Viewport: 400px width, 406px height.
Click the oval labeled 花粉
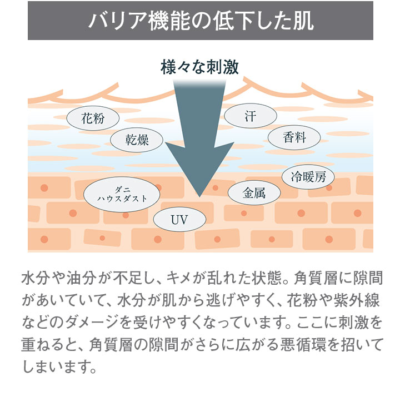pyautogui.click(x=93, y=118)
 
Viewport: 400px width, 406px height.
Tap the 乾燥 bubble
pyautogui.click(x=137, y=140)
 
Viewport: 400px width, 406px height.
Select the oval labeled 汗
pyautogui.click(x=251, y=116)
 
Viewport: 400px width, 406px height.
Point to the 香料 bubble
pyautogui.click(x=294, y=137)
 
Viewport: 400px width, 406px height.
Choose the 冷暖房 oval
pyautogui.click(x=308, y=177)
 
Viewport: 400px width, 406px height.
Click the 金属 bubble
pyautogui.click(x=254, y=192)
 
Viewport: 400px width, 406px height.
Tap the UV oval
pyautogui.click(x=179, y=219)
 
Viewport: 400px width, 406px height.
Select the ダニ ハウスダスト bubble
pyautogui.click(x=122, y=195)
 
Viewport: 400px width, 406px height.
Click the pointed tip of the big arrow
pyautogui.click(x=199, y=197)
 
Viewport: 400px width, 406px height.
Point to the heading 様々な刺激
pyautogui.click(x=199, y=67)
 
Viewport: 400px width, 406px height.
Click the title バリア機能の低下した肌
pyautogui.click(x=201, y=21)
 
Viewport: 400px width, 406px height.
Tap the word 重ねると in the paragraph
pyautogui.click(x=48, y=345)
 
